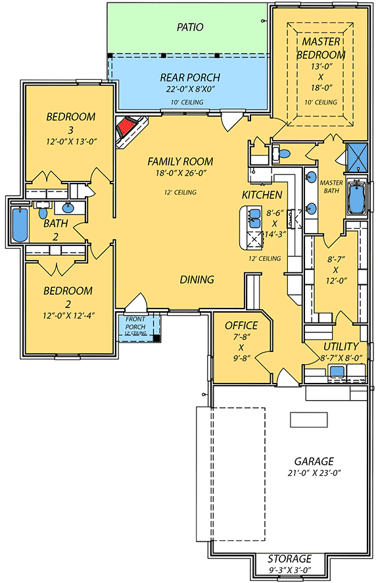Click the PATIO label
189,28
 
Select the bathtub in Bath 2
18,225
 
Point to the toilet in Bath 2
43,213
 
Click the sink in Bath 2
68,209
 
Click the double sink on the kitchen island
254,218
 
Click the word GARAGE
314,461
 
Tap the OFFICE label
241,325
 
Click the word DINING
197,280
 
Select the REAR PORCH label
189,78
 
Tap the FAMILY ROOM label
180,161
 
